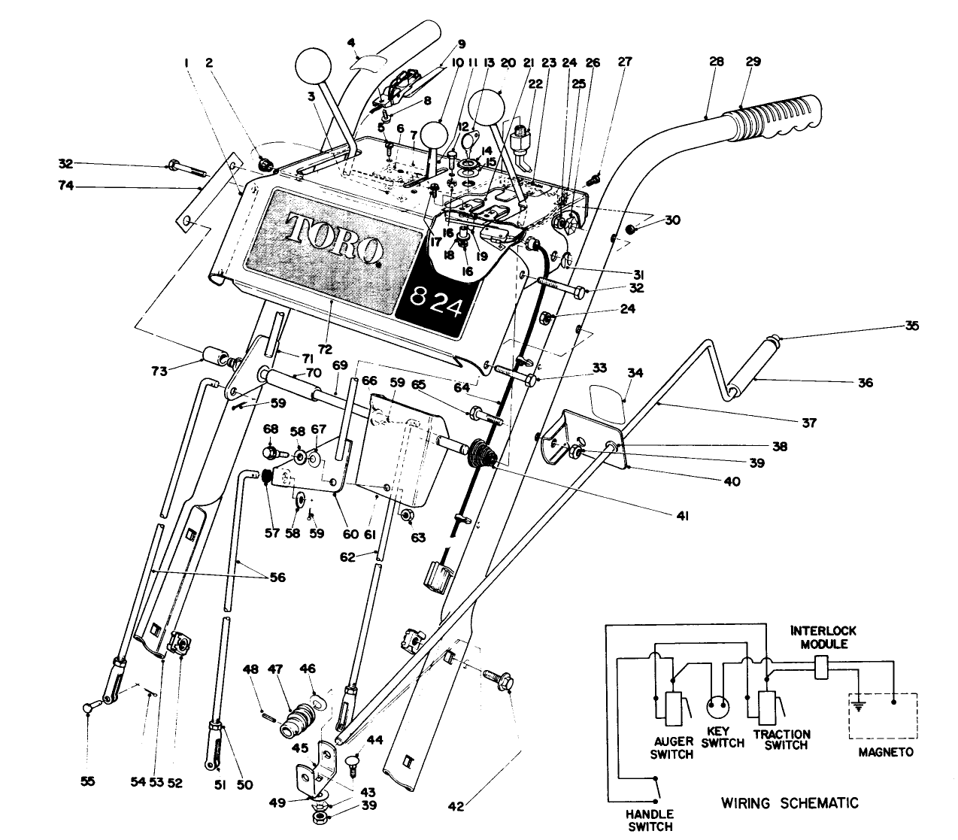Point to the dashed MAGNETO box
pyautogui.click(x=884, y=715)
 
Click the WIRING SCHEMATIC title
pyautogui.click(x=784, y=802)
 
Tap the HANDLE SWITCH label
pyautogui.click(x=650, y=820)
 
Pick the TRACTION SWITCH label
pyautogui.click(x=782, y=739)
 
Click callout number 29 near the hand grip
pyautogui.click(x=753, y=62)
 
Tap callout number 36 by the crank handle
pyautogui.click(x=865, y=382)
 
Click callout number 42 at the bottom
pyautogui.click(x=456, y=808)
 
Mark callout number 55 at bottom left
pyautogui.click(x=89, y=782)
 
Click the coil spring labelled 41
pyautogui.click(x=481, y=454)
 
